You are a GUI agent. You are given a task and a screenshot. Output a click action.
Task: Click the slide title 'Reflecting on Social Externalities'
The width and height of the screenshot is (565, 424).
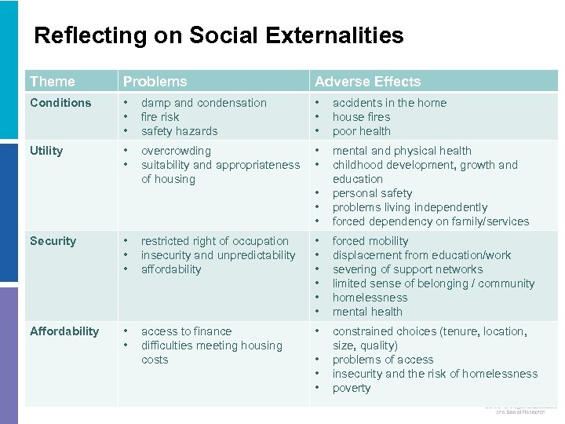tap(219, 35)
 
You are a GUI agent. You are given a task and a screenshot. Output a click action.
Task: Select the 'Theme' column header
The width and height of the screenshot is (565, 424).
tap(53, 82)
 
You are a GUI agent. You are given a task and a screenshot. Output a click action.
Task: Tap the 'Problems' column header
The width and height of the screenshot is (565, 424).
tap(155, 82)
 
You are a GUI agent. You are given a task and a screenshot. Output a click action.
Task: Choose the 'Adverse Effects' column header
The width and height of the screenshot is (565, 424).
tap(367, 82)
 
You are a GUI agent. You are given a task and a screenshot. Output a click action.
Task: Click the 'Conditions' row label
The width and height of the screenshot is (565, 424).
tap(60, 103)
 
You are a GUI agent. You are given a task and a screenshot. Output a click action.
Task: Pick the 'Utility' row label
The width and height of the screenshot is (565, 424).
tap(46, 151)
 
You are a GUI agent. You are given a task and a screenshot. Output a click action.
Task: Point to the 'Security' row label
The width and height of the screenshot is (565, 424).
tap(53, 241)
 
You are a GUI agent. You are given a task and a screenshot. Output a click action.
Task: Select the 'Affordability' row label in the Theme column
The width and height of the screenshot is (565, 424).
tap(64, 331)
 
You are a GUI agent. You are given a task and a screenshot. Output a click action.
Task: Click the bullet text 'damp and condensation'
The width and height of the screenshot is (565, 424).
tap(203, 103)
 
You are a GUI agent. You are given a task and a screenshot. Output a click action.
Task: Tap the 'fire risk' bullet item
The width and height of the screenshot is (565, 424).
tap(160, 117)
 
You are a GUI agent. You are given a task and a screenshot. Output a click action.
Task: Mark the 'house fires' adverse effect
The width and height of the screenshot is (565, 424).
tap(361, 117)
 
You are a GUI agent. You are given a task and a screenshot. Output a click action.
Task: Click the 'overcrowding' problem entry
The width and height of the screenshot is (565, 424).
tap(176, 151)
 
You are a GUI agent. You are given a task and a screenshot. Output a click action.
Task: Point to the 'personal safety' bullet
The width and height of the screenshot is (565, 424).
tap(372, 193)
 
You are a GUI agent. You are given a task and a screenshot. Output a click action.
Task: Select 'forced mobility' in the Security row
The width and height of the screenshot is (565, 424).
tap(370, 241)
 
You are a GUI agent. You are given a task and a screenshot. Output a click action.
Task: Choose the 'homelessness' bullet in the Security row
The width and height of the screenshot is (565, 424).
tap(370, 298)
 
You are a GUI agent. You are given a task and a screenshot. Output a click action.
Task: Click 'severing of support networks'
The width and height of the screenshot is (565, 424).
tap(407, 269)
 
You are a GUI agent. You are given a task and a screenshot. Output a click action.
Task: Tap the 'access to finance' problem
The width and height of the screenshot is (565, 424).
tap(186, 331)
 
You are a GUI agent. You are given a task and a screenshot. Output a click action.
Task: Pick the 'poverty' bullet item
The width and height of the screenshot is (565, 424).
tap(352, 388)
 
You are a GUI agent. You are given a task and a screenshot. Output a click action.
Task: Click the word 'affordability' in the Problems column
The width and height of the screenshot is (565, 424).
tap(171, 269)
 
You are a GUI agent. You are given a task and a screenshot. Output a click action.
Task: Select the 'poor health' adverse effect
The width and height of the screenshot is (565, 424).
tap(361, 131)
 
